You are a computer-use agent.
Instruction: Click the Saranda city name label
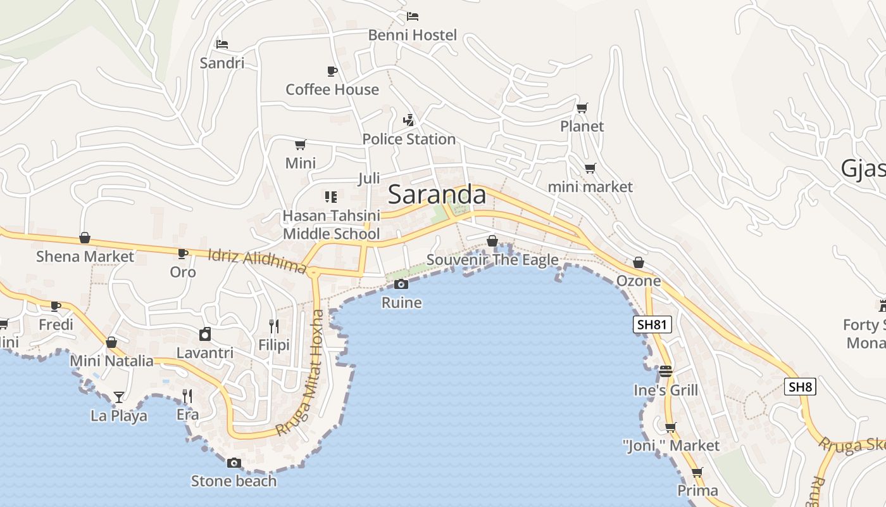(437, 195)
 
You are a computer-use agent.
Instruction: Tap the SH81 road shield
(652, 325)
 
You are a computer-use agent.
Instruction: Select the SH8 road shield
(800, 387)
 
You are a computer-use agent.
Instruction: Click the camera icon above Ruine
(401, 285)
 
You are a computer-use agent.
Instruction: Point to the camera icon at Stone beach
(234, 463)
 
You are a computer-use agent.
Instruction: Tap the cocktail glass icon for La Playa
(119, 397)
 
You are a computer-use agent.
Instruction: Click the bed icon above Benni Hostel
(413, 16)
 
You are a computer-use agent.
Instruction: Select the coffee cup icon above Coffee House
(332, 71)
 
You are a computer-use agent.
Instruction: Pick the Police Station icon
(409, 120)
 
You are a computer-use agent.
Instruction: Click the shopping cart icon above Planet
(582, 108)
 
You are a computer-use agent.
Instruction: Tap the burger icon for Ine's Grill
(666, 371)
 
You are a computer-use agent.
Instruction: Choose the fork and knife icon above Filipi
(274, 326)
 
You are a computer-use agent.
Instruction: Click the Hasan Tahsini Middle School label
(331, 225)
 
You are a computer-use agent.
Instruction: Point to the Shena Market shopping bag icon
(85, 238)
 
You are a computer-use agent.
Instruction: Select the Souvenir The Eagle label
(492, 260)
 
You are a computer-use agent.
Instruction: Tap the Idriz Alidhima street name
(257, 260)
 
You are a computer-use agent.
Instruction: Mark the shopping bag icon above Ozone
(639, 262)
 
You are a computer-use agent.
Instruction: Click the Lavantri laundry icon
(205, 334)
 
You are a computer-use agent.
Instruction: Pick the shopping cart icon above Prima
(697, 472)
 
